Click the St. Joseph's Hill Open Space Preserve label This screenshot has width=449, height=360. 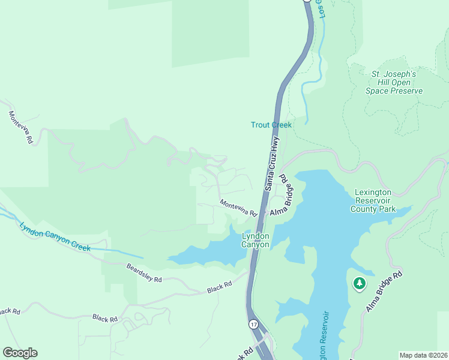[394, 82]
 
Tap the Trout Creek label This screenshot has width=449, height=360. [271, 125]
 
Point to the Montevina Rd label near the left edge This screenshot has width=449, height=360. [20, 127]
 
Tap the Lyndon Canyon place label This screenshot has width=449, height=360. [255, 240]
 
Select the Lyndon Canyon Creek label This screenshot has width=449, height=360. [55, 237]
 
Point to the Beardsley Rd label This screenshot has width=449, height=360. [144, 272]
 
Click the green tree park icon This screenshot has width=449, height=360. [360, 283]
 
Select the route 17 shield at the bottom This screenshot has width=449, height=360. [254, 324]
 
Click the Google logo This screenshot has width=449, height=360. [20, 353]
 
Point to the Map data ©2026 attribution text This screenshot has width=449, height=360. [423, 355]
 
